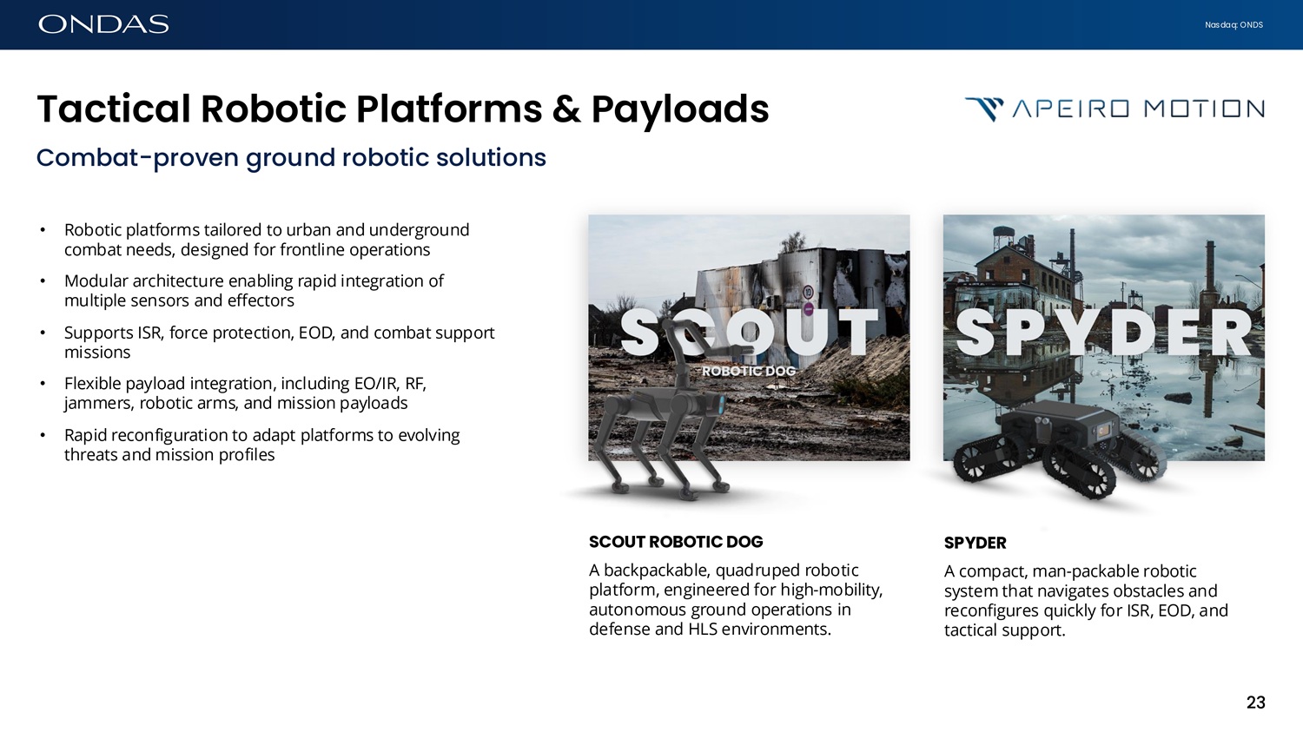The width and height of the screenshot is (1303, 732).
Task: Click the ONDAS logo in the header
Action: pyautogui.click(x=103, y=24)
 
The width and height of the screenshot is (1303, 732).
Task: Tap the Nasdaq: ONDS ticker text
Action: pyautogui.click(x=1234, y=25)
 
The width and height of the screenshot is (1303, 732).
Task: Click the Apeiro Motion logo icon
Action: pyautogui.click(x=984, y=109)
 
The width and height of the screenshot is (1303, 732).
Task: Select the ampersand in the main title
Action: pyautogui.click(x=566, y=109)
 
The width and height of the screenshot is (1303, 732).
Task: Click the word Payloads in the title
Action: pyautogui.click(x=680, y=109)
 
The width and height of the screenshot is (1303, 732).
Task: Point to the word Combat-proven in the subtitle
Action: pyautogui.click(x=137, y=157)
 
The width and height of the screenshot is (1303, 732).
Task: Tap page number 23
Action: pyautogui.click(x=1256, y=702)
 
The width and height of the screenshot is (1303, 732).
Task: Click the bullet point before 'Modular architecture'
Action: pyautogui.click(x=43, y=281)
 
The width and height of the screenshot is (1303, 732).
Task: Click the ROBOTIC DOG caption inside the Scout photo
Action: pyautogui.click(x=749, y=371)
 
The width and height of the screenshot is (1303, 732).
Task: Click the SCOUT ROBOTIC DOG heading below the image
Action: pyautogui.click(x=676, y=542)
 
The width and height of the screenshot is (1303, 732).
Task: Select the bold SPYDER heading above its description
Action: pyautogui.click(x=975, y=543)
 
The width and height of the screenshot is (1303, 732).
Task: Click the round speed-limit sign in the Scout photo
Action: pyautogui.click(x=807, y=291)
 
